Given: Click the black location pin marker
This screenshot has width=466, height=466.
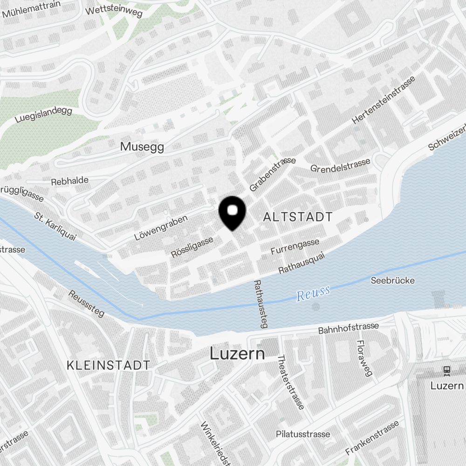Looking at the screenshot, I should click(x=232, y=212).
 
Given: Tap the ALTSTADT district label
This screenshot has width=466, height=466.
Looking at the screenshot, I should click(x=298, y=217).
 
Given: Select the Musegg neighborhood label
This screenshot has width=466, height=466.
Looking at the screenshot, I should click(x=142, y=147).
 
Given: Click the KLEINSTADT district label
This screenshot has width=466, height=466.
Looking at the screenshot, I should click(x=108, y=365).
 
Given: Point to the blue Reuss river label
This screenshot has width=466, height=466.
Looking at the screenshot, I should click(x=313, y=293).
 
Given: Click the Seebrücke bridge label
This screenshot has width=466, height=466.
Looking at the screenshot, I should click(x=392, y=281).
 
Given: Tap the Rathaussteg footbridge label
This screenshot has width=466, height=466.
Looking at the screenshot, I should click(x=260, y=303).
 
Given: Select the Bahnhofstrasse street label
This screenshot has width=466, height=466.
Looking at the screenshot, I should click(x=348, y=328).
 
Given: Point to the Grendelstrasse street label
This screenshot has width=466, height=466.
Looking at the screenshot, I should click(x=340, y=164).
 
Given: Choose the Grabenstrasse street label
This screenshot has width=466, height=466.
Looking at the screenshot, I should click(x=273, y=174).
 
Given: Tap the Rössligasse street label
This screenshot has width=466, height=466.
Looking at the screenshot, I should click(x=192, y=247).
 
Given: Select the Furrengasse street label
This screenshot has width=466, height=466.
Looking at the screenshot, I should click(x=295, y=247).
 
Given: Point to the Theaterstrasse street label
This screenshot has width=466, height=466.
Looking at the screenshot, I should click(x=290, y=382).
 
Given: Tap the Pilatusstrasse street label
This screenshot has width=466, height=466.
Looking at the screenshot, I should click(x=303, y=434).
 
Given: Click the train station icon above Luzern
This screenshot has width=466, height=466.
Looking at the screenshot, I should click(x=447, y=370).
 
